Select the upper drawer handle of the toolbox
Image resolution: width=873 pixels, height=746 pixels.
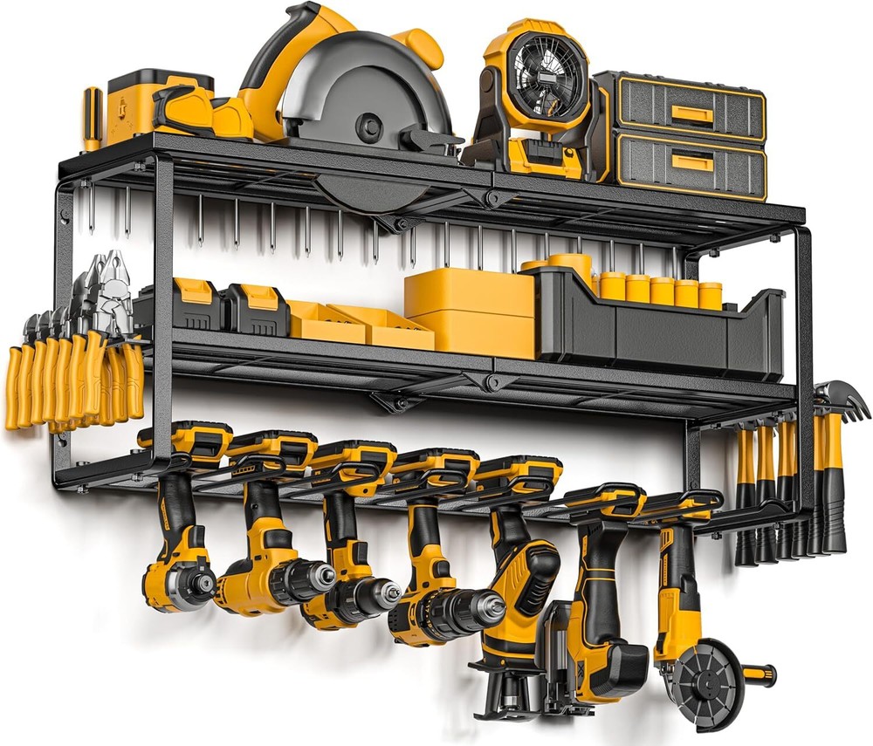pos(690,113)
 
